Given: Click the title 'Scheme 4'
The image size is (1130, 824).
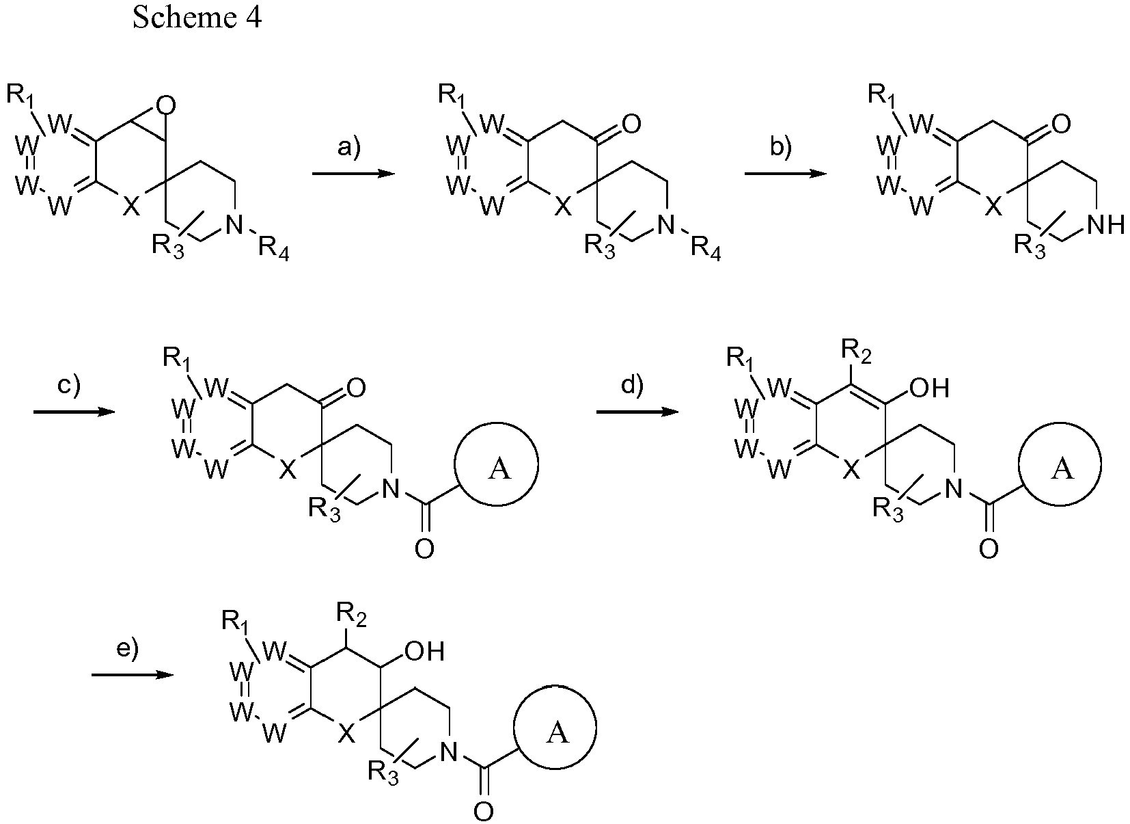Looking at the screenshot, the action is click(197, 17).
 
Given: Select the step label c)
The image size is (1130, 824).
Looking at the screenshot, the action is click(68, 386).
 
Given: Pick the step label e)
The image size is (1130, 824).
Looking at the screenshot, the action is click(127, 649).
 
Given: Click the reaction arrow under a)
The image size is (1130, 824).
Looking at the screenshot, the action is click(353, 174).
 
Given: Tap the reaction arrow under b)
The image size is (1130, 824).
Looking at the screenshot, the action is click(786, 174).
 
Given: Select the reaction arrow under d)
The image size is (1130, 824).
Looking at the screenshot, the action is click(637, 412).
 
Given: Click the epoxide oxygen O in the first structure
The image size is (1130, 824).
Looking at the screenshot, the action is click(166, 105).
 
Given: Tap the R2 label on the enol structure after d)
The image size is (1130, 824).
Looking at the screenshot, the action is click(856, 352).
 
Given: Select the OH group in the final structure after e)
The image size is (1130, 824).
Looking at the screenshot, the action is click(425, 651).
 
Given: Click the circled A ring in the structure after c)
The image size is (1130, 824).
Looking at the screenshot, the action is click(497, 464).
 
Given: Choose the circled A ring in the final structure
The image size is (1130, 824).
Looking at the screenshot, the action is click(555, 727).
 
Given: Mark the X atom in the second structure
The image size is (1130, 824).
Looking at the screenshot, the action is click(564, 207).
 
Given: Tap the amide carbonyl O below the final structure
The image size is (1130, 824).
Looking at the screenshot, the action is click(483, 812).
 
